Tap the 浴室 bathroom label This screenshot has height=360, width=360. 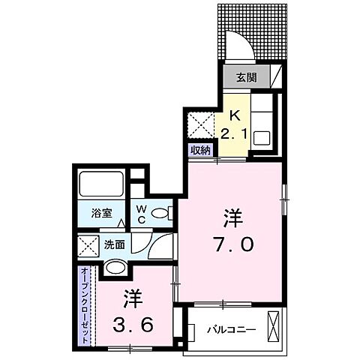point(103,213)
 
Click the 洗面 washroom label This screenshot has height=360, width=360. point(115,244)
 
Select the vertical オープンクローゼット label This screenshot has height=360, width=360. point(85,303)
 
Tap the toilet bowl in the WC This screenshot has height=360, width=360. point(160,214)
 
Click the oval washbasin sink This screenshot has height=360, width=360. point(115,268)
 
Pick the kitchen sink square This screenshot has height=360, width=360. point(263,138)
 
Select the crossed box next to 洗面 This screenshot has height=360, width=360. point(88,245)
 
